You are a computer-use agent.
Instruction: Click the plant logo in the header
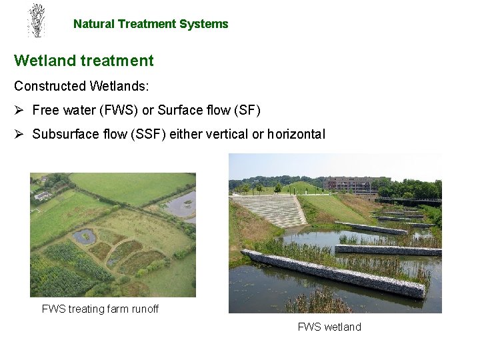(36, 20)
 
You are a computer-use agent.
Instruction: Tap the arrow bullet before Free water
(19, 110)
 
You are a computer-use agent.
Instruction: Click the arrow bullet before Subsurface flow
(19, 134)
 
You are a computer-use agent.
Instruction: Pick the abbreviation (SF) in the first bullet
(245, 110)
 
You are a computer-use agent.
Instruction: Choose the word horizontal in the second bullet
(296, 134)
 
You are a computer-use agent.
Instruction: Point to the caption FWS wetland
(329, 327)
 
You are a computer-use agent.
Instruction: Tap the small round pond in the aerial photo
(85, 235)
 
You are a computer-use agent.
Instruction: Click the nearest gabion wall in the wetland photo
(333, 273)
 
